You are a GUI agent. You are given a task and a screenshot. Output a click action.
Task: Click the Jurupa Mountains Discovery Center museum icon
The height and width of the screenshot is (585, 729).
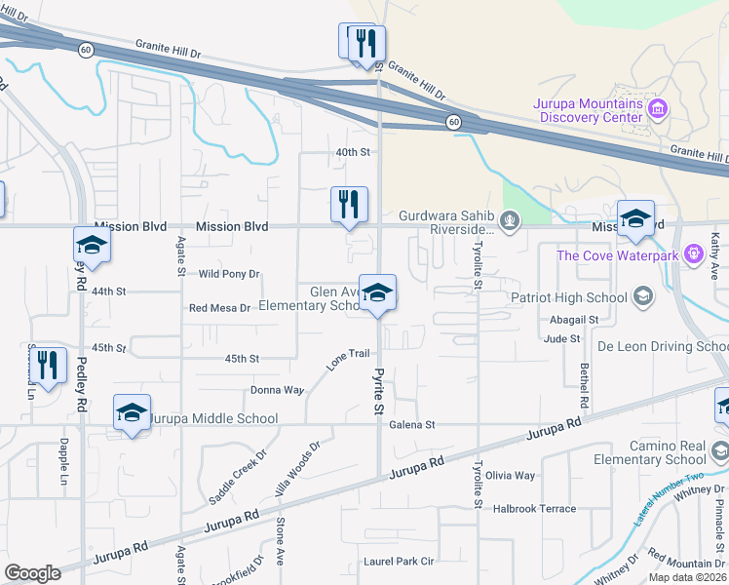(659, 107)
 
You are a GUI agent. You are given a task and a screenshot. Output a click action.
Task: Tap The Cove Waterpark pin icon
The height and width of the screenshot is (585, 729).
(694, 255)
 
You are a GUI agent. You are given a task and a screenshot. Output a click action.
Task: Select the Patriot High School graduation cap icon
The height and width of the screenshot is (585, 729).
(642, 294)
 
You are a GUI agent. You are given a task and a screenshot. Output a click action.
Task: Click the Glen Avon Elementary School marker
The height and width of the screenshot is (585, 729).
(377, 292)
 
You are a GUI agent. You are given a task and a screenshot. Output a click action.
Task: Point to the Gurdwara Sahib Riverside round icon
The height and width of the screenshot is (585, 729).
(509, 218)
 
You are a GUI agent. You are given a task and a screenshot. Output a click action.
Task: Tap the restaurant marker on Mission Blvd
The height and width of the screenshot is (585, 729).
(349, 206)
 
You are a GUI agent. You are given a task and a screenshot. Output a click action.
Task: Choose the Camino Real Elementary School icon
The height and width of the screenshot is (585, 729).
(720, 451)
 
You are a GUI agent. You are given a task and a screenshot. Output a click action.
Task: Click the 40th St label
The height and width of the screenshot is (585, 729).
(353, 152)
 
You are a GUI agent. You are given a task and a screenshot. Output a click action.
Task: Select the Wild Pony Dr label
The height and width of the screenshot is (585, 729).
(229, 275)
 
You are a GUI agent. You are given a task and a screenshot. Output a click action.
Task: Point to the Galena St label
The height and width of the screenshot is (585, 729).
(415, 425)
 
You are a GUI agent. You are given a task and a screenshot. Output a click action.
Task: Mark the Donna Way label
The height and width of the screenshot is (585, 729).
(277, 389)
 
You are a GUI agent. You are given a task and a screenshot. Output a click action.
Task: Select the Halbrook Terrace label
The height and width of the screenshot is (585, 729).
(534, 509)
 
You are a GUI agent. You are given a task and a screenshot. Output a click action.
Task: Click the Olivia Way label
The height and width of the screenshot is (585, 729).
(512, 476)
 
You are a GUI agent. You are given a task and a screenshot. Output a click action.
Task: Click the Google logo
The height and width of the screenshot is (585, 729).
(33, 573)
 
